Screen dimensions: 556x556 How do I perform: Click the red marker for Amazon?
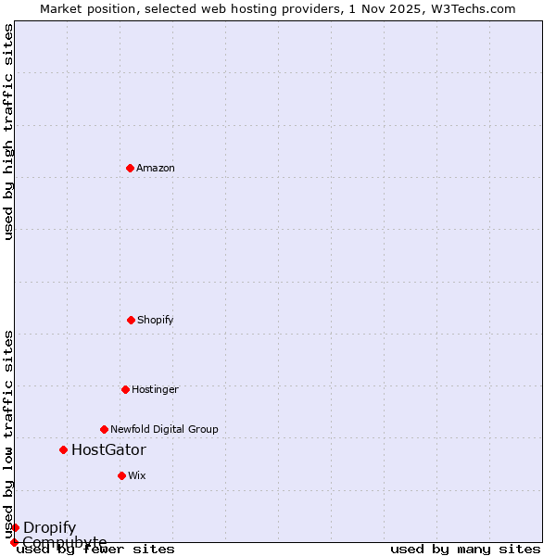click(130, 168)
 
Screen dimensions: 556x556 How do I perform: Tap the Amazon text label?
click(156, 169)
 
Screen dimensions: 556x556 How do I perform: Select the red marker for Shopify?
click(131, 320)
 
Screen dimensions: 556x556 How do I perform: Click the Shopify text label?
click(156, 321)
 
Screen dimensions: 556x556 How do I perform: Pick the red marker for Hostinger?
click(125, 389)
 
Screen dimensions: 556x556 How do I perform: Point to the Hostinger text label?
click(155, 390)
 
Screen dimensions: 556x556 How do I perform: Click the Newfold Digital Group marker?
click(104, 429)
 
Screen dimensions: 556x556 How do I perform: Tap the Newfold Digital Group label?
click(164, 430)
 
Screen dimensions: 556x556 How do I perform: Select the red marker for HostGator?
click(63, 449)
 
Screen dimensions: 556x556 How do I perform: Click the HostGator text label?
click(108, 450)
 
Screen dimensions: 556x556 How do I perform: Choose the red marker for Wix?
click(121, 475)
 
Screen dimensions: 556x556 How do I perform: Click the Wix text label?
click(137, 476)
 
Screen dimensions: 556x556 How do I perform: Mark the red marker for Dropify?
click(15, 527)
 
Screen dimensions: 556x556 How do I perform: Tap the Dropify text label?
click(50, 528)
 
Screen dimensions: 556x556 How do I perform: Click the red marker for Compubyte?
click(14, 542)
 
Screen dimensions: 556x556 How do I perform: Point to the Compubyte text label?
click(65, 542)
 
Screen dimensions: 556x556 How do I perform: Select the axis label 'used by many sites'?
click(465, 550)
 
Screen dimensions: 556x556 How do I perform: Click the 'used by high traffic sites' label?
click(9, 132)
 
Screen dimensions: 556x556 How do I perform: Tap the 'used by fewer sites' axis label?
click(95, 550)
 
